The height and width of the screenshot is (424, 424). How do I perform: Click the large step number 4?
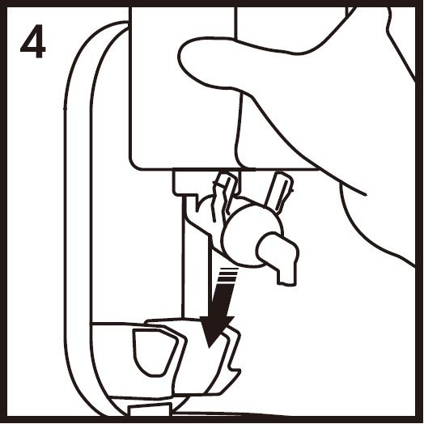33,41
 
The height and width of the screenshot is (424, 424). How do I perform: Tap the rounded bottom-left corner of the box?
134,164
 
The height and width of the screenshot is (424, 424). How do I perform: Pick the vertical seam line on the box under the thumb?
240,129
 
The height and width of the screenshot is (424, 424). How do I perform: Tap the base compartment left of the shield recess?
112,359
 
